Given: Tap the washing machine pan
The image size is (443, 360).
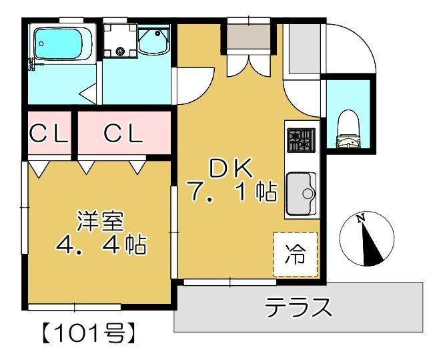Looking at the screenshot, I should (120, 41).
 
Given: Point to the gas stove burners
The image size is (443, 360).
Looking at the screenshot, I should (299, 140).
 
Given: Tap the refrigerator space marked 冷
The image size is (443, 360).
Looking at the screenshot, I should (294, 254).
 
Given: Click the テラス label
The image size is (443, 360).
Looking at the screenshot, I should (298, 307).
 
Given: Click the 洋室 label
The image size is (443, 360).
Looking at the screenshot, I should (100, 220).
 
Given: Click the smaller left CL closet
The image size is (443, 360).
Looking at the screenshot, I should (50, 134).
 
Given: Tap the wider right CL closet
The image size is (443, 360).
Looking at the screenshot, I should (123, 134).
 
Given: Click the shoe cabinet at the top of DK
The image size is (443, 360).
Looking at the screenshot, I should (249, 37).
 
